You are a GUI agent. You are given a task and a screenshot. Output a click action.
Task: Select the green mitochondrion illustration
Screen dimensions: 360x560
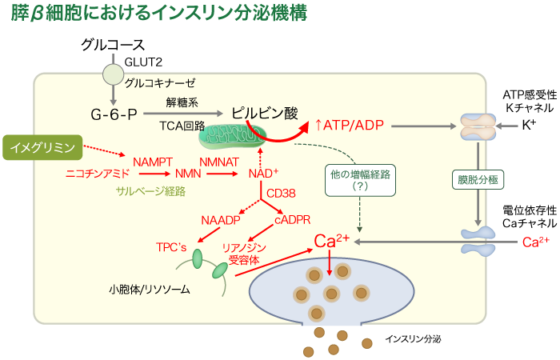pos(232,135)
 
